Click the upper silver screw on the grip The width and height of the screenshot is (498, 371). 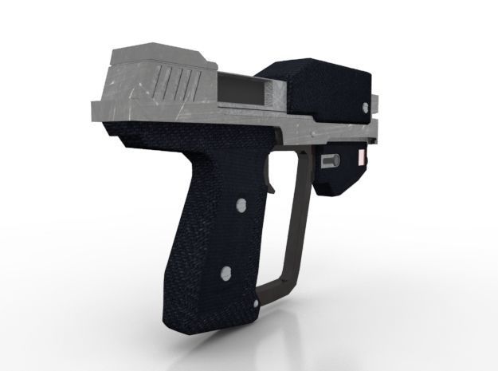238,207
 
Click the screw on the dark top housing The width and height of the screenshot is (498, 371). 366,106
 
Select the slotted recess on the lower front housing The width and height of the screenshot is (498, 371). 328,160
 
